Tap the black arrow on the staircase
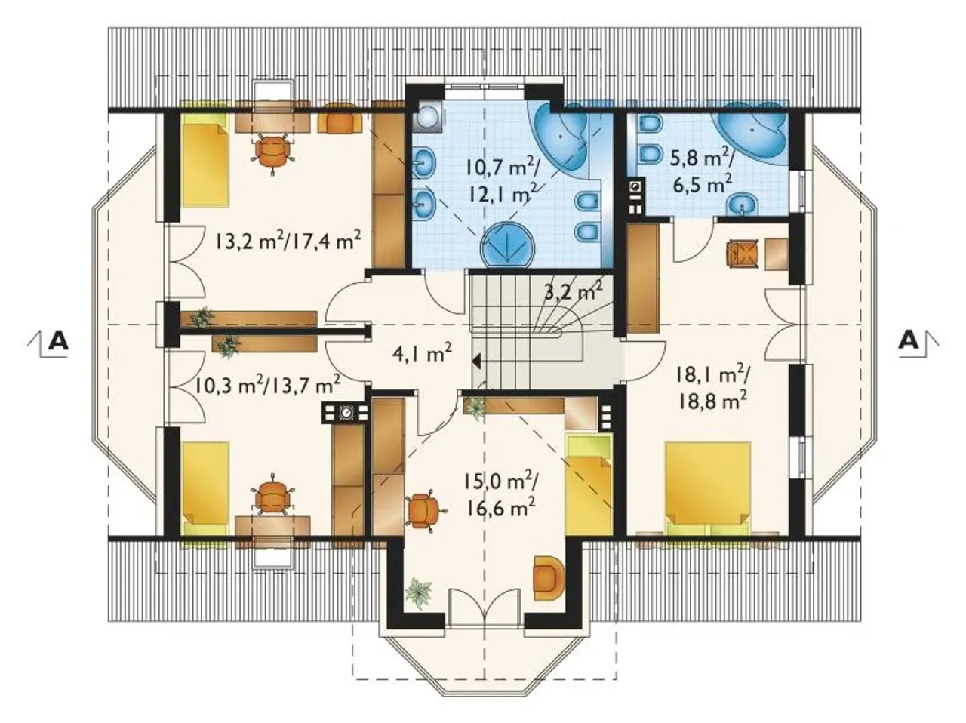[x=475, y=361]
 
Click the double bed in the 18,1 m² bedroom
[x=707, y=489]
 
